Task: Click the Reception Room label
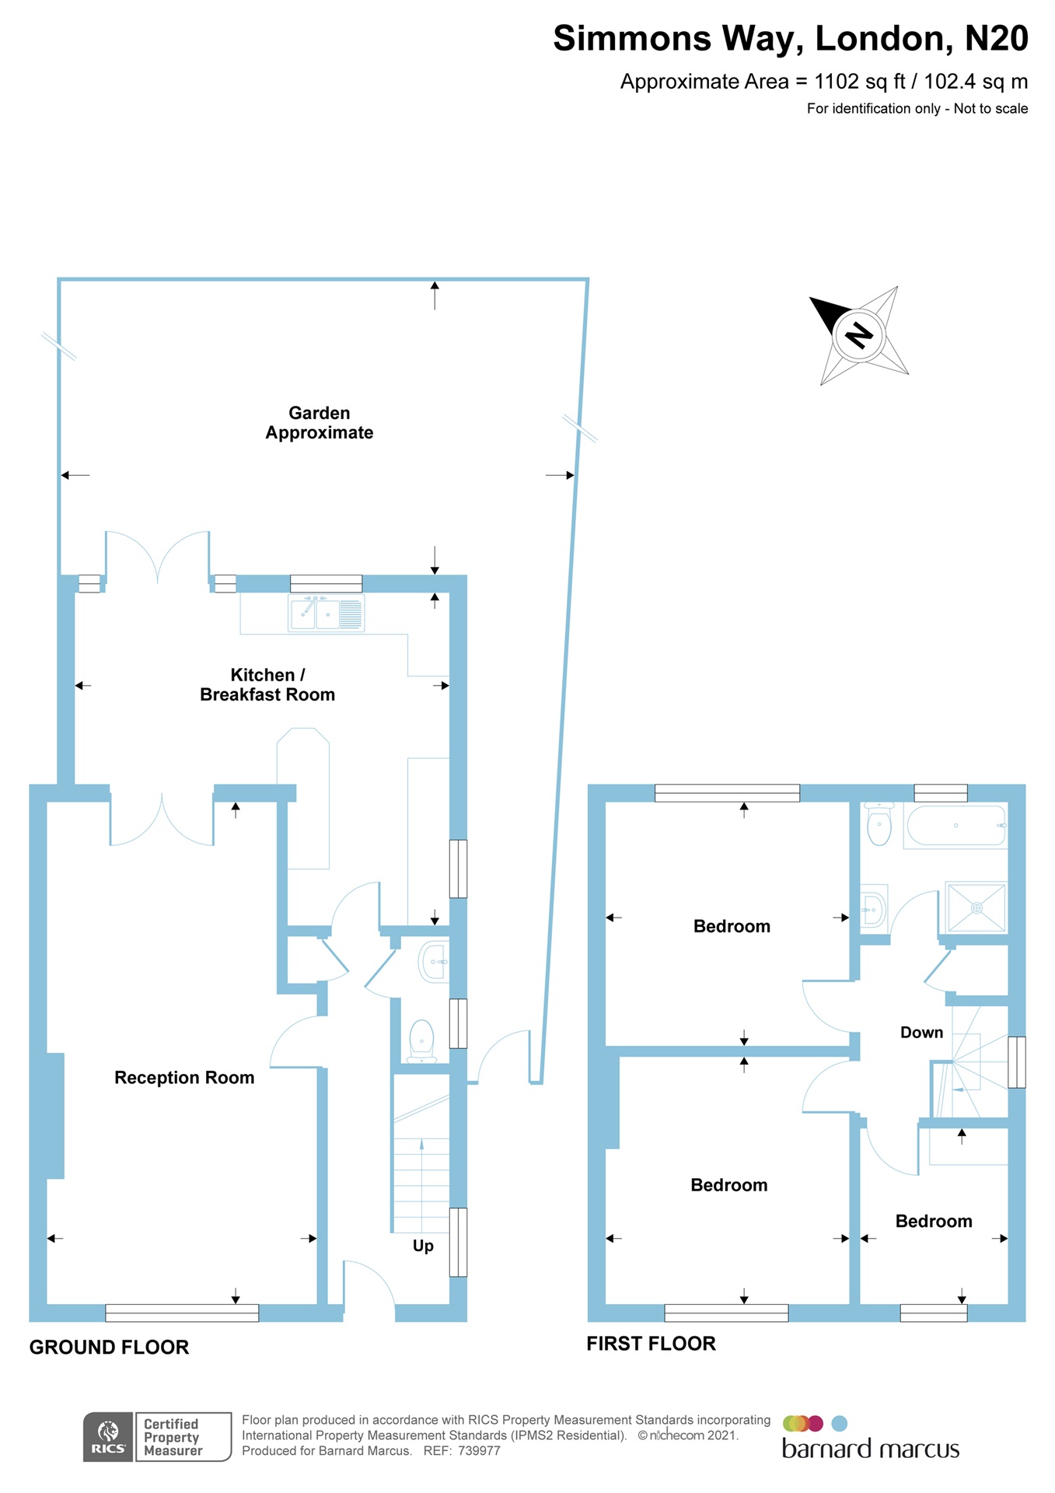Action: [x=184, y=1078]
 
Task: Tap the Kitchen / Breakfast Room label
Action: [x=267, y=685]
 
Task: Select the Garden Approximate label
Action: [x=319, y=423]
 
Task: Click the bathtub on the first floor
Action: [x=955, y=825]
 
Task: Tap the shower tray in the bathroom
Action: [x=976, y=907]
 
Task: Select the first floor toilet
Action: [x=879, y=825]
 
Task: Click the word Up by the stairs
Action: [x=423, y=1246]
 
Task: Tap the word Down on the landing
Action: [x=921, y=1033]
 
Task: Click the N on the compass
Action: [x=859, y=335]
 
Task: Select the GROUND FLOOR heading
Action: [x=109, y=1348]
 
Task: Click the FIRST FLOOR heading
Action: [x=651, y=1344]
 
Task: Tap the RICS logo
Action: [x=108, y=1437]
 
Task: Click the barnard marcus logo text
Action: [x=870, y=1449]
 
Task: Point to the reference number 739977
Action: [x=479, y=1451]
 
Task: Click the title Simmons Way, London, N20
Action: [x=790, y=38]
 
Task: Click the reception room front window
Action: [x=182, y=1313]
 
